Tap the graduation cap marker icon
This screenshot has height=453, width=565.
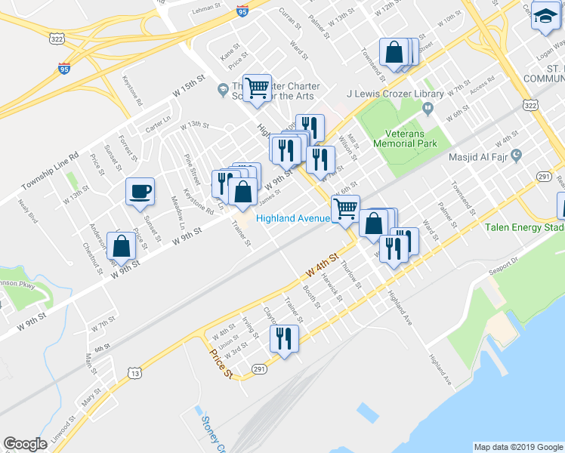[x=544, y=15]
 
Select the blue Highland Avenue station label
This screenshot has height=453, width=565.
[x=292, y=218]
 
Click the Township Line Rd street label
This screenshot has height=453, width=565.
[x=50, y=174]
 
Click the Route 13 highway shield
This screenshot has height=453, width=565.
[x=134, y=372]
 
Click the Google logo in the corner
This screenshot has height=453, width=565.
[x=25, y=443]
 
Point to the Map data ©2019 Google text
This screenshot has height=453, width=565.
[x=517, y=447]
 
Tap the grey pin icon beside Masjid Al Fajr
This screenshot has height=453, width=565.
[x=517, y=156]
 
